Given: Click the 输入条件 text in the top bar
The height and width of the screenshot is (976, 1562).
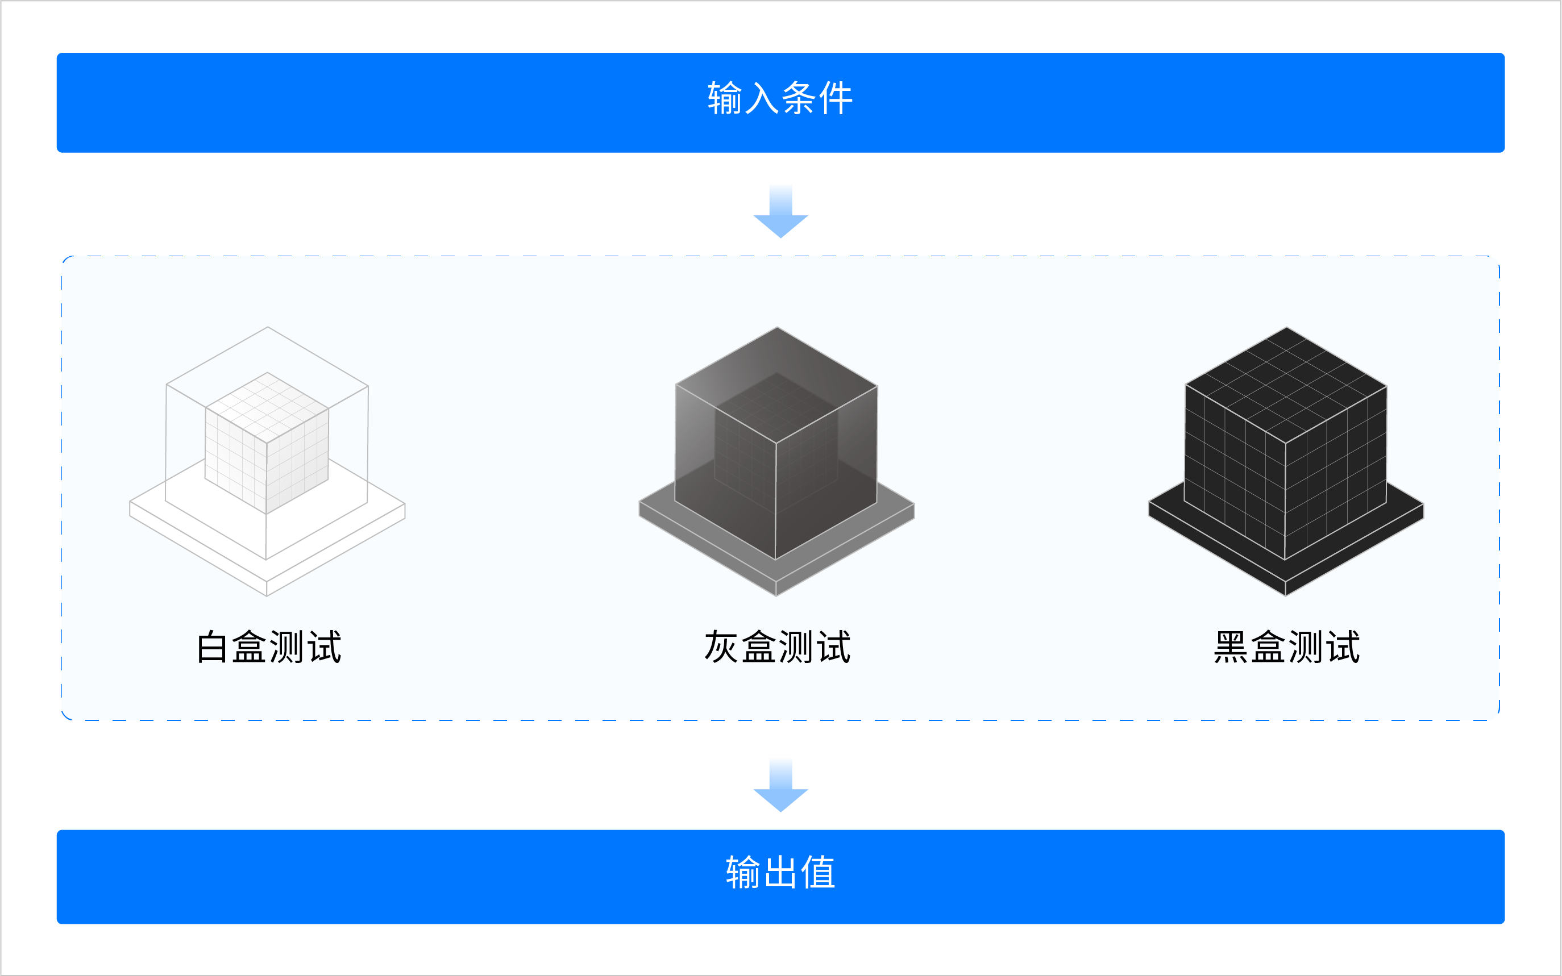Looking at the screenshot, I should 780,99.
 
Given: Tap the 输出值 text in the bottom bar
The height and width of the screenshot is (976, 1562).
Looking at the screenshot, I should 780,873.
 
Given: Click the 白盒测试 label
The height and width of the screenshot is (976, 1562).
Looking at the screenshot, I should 269,647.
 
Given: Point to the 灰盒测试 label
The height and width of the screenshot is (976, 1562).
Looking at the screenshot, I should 778,647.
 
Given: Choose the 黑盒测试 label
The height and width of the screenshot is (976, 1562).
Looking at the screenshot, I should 1286,647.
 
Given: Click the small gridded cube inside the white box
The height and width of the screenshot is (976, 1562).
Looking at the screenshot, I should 267,445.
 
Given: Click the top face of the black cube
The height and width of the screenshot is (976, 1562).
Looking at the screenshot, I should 1286,385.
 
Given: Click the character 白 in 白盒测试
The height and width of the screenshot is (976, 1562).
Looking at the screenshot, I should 212,647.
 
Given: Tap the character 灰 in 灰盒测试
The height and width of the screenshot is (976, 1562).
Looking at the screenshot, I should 721,647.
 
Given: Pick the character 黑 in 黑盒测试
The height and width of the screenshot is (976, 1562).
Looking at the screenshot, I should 1230,647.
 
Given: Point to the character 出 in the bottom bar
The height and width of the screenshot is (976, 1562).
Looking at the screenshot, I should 780,873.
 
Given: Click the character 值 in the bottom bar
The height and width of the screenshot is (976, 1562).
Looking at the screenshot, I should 818,873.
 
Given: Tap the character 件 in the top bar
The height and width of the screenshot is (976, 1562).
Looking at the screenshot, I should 836,99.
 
